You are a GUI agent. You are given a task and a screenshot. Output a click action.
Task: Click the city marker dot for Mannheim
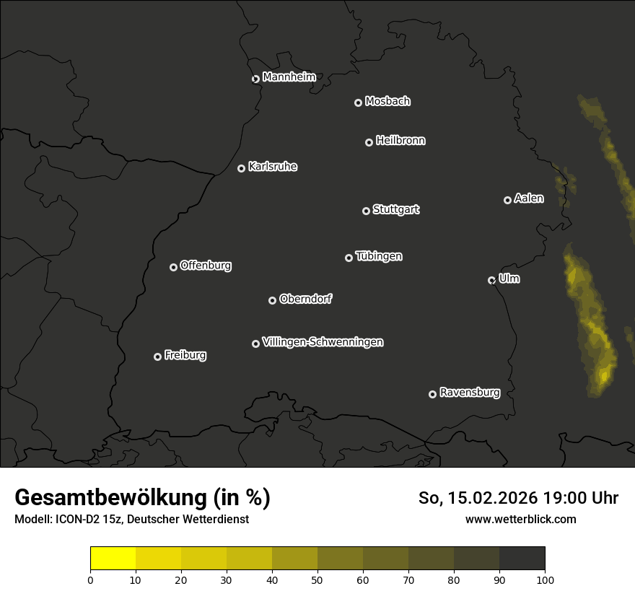255,79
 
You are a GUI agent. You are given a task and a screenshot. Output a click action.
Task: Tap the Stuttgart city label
395,209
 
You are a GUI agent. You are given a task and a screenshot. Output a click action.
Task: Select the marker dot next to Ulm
491,280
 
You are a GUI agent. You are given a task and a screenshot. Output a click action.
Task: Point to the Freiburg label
185,355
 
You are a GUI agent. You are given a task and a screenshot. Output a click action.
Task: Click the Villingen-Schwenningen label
323,342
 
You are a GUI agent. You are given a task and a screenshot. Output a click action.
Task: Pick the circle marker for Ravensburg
432,394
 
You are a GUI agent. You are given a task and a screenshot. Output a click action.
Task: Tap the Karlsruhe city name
272,167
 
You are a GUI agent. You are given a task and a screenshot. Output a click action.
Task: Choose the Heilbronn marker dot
369,142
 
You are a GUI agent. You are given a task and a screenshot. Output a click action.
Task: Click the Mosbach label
387,101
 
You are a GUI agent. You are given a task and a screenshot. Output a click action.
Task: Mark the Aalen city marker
507,200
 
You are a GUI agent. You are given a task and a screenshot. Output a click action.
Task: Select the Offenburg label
206,266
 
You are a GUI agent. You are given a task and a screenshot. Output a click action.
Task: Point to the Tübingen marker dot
349,258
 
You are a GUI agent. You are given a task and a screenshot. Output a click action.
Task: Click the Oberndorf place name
305,299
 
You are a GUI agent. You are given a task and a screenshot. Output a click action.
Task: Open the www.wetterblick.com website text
520,519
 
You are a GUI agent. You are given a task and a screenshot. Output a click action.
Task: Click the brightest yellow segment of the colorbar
113,559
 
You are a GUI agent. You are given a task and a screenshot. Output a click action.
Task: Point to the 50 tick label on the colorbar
317,579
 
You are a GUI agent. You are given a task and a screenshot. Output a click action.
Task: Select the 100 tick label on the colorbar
545,579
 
